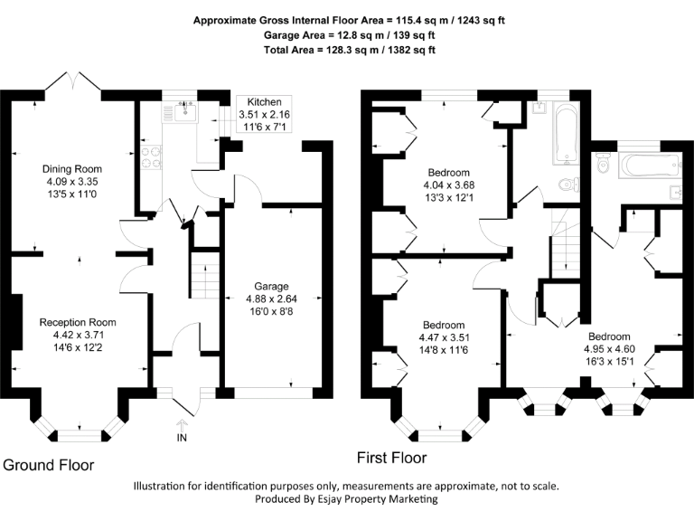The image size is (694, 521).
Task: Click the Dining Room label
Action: (x=72, y=169)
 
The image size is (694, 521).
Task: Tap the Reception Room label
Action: (x=78, y=322)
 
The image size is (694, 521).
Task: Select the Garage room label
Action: (x=271, y=286)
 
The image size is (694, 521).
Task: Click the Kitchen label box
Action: (x=264, y=114)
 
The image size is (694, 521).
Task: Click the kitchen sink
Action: (x=186, y=111)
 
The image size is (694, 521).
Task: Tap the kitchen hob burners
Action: (x=151, y=157)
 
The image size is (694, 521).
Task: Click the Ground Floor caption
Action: (x=49, y=465)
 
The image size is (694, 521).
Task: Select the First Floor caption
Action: (x=391, y=458)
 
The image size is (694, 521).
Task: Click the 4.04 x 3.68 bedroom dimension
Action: (x=449, y=185)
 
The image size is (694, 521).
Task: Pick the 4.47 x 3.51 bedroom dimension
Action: (x=444, y=337)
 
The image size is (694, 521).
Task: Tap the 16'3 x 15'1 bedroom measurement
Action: (x=609, y=362)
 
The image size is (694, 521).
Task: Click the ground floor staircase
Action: (x=205, y=275)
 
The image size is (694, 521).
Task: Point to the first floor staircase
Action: (x=566, y=242)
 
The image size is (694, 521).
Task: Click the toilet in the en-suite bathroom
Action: (x=603, y=163)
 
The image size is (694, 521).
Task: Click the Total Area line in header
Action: (x=350, y=50)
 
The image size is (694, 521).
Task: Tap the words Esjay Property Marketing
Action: (x=378, y=499)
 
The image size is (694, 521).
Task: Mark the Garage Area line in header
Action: (x=349, y=35)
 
